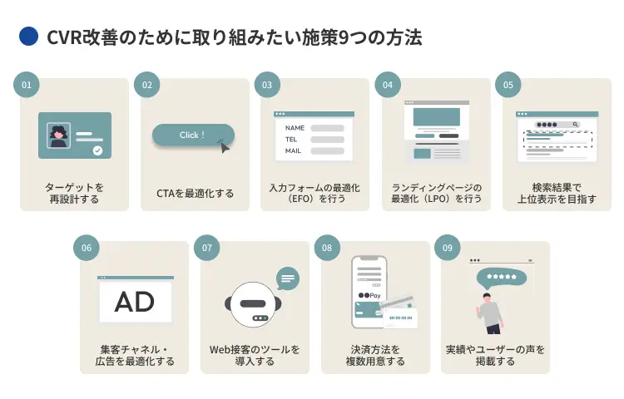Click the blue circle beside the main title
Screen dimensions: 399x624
click(29, 37)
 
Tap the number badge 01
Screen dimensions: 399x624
click(27, 84)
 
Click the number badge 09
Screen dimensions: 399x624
click(448, 247)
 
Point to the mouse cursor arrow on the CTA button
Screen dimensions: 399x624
click(223, 145)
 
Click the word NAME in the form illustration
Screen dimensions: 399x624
click(295, 128)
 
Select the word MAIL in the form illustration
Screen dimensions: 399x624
click(293, 151)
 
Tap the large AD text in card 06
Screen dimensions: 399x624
click(135, 302)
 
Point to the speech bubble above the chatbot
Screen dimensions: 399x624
click(288, 278)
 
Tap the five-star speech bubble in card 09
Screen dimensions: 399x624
click(501, 277)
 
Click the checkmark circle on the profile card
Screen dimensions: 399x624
click(97, 150)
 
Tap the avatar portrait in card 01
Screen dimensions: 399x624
click(58, 135)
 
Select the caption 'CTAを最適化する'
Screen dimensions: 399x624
click(195, 194)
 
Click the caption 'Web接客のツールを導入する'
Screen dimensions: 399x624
click(255, 355)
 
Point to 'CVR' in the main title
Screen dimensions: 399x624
click(63, 37)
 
